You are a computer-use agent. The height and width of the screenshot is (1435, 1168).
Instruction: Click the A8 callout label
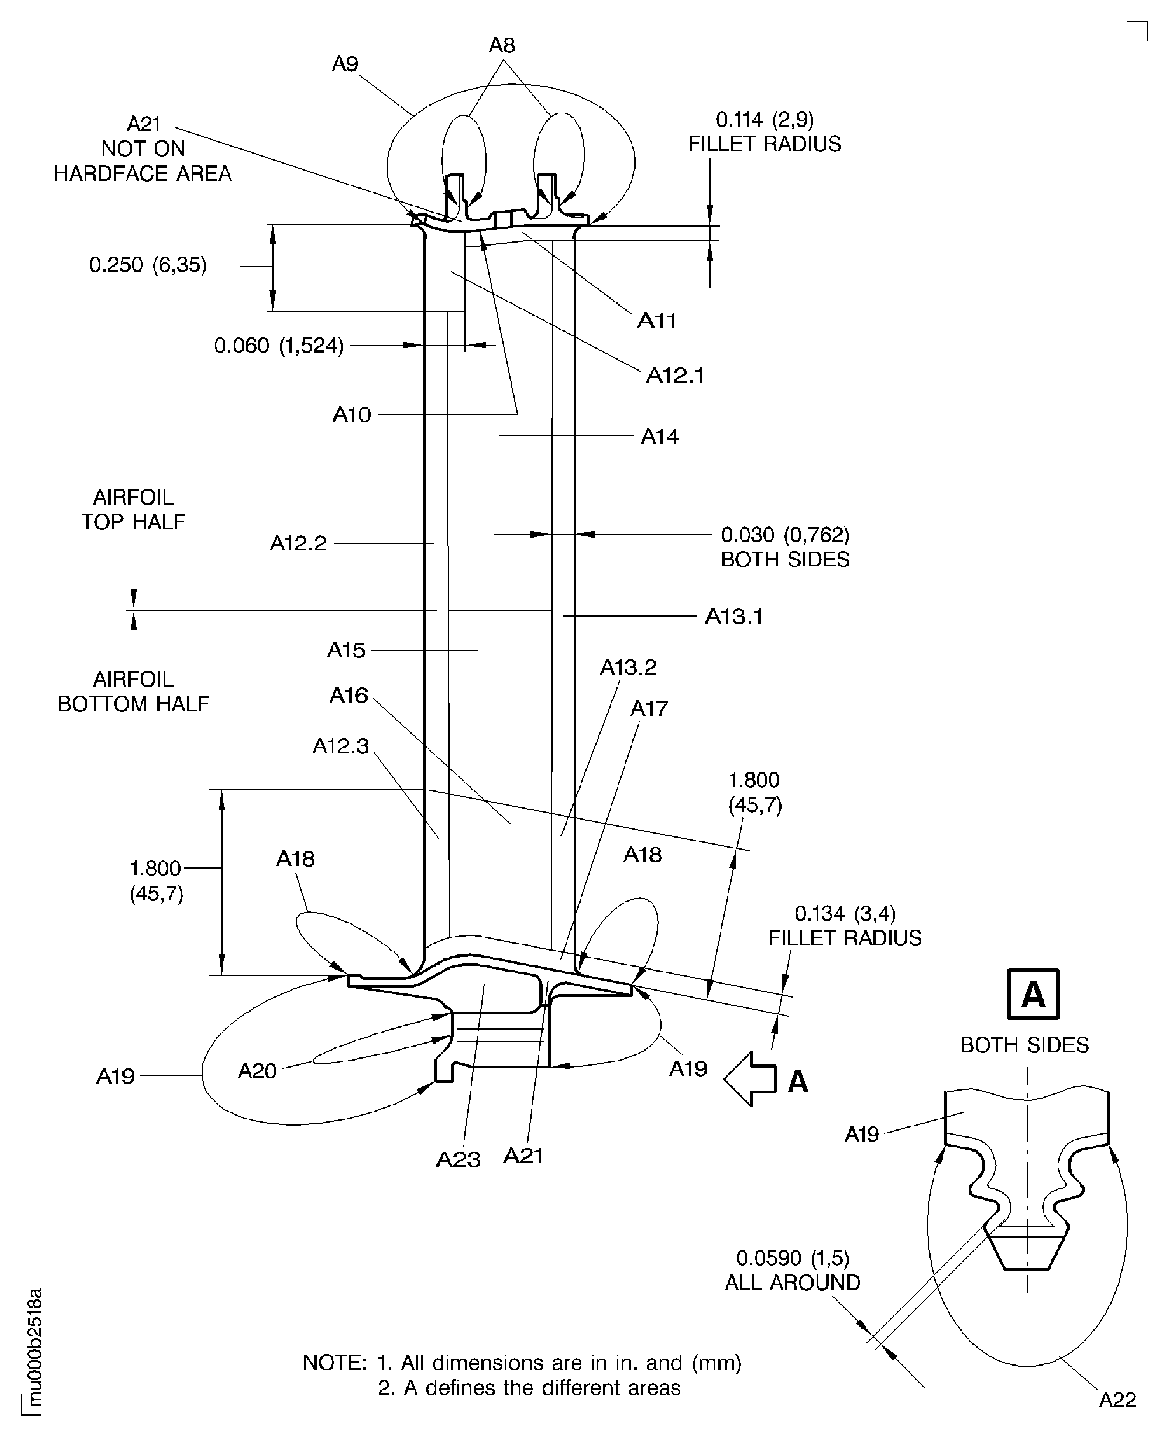click(502, 46)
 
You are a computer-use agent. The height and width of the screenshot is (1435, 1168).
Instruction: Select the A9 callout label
click(345, 64)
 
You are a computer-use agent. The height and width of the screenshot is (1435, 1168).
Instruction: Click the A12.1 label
click(675, 375)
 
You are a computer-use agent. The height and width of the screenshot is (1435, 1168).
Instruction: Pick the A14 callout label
click(660, 436)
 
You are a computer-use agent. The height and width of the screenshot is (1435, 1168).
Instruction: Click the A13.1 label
click(733, 616)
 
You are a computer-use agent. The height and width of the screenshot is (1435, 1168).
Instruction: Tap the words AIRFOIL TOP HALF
click(133, 509)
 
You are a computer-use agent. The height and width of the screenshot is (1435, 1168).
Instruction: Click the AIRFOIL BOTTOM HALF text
click(133, 691)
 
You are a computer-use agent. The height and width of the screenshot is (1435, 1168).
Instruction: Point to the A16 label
click(348, 695)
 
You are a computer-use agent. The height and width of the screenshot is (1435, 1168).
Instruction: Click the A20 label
click(257, 1071)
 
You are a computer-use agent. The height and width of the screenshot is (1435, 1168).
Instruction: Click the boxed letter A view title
click(1033, 994)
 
